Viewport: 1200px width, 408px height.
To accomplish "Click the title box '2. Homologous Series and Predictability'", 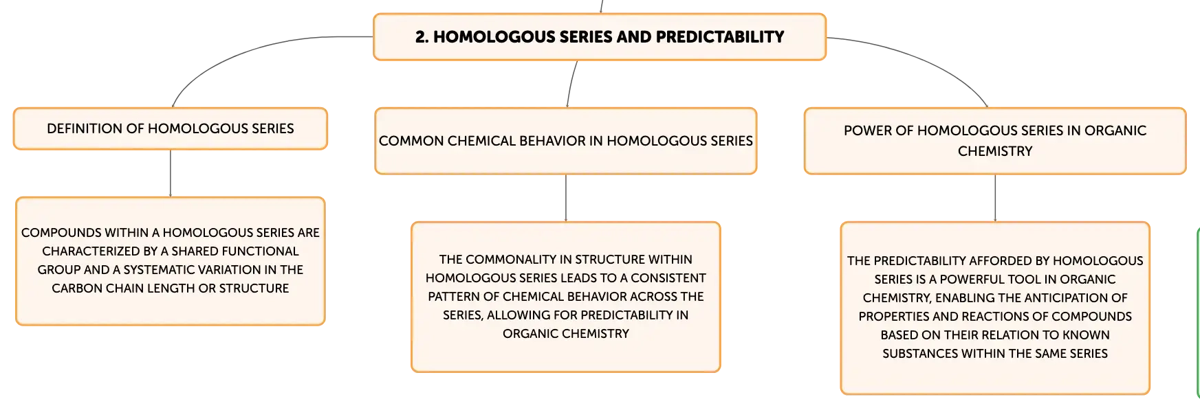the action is (x=600, y=37).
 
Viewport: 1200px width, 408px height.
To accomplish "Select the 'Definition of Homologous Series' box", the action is (x=171, y=128).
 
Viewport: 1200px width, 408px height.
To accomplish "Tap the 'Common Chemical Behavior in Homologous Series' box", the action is (x=566, y=141).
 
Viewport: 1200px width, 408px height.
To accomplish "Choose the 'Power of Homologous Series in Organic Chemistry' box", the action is (x=995, y=141).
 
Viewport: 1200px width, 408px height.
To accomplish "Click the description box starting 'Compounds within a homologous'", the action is (x=171, y=261).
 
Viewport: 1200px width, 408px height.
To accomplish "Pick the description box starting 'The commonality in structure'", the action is (x=566, y=297).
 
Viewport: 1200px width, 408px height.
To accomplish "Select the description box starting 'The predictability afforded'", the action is (x=995, y=308).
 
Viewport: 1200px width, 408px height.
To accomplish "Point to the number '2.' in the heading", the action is (x=422, y=37).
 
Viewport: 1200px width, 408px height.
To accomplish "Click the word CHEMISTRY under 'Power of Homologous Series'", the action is (x=995, y=151).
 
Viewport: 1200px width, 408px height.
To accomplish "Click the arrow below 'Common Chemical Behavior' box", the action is (x=566, y=198).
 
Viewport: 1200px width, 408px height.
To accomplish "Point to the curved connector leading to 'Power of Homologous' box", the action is (x=925, y=59).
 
